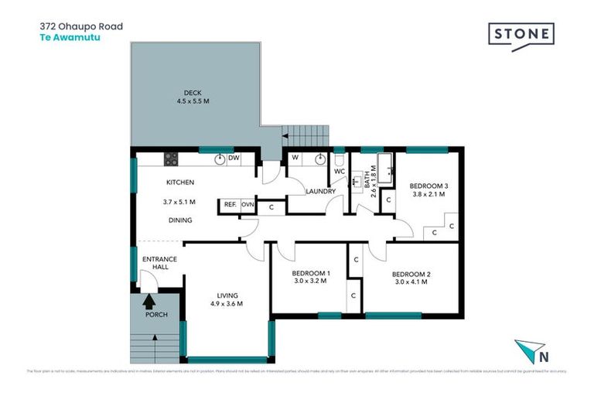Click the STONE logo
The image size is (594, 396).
(x=521, y=35)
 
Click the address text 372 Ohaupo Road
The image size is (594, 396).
(x=81, y=26)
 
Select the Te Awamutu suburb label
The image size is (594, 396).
(x=70, y=36)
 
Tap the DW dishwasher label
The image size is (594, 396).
(x=234, y=158)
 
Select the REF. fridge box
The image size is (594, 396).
(x=230, y=205)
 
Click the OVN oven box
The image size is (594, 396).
(x=247, y=205)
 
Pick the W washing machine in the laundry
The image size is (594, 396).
(x=295, y=159)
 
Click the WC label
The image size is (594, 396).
(x=339, y=171)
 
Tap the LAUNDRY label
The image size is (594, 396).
(x=319, y=191)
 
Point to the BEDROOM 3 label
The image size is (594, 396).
(x=428, y=186)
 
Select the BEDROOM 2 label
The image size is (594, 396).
(x=411, y=274)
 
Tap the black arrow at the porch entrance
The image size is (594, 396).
(x=149, y=302)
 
